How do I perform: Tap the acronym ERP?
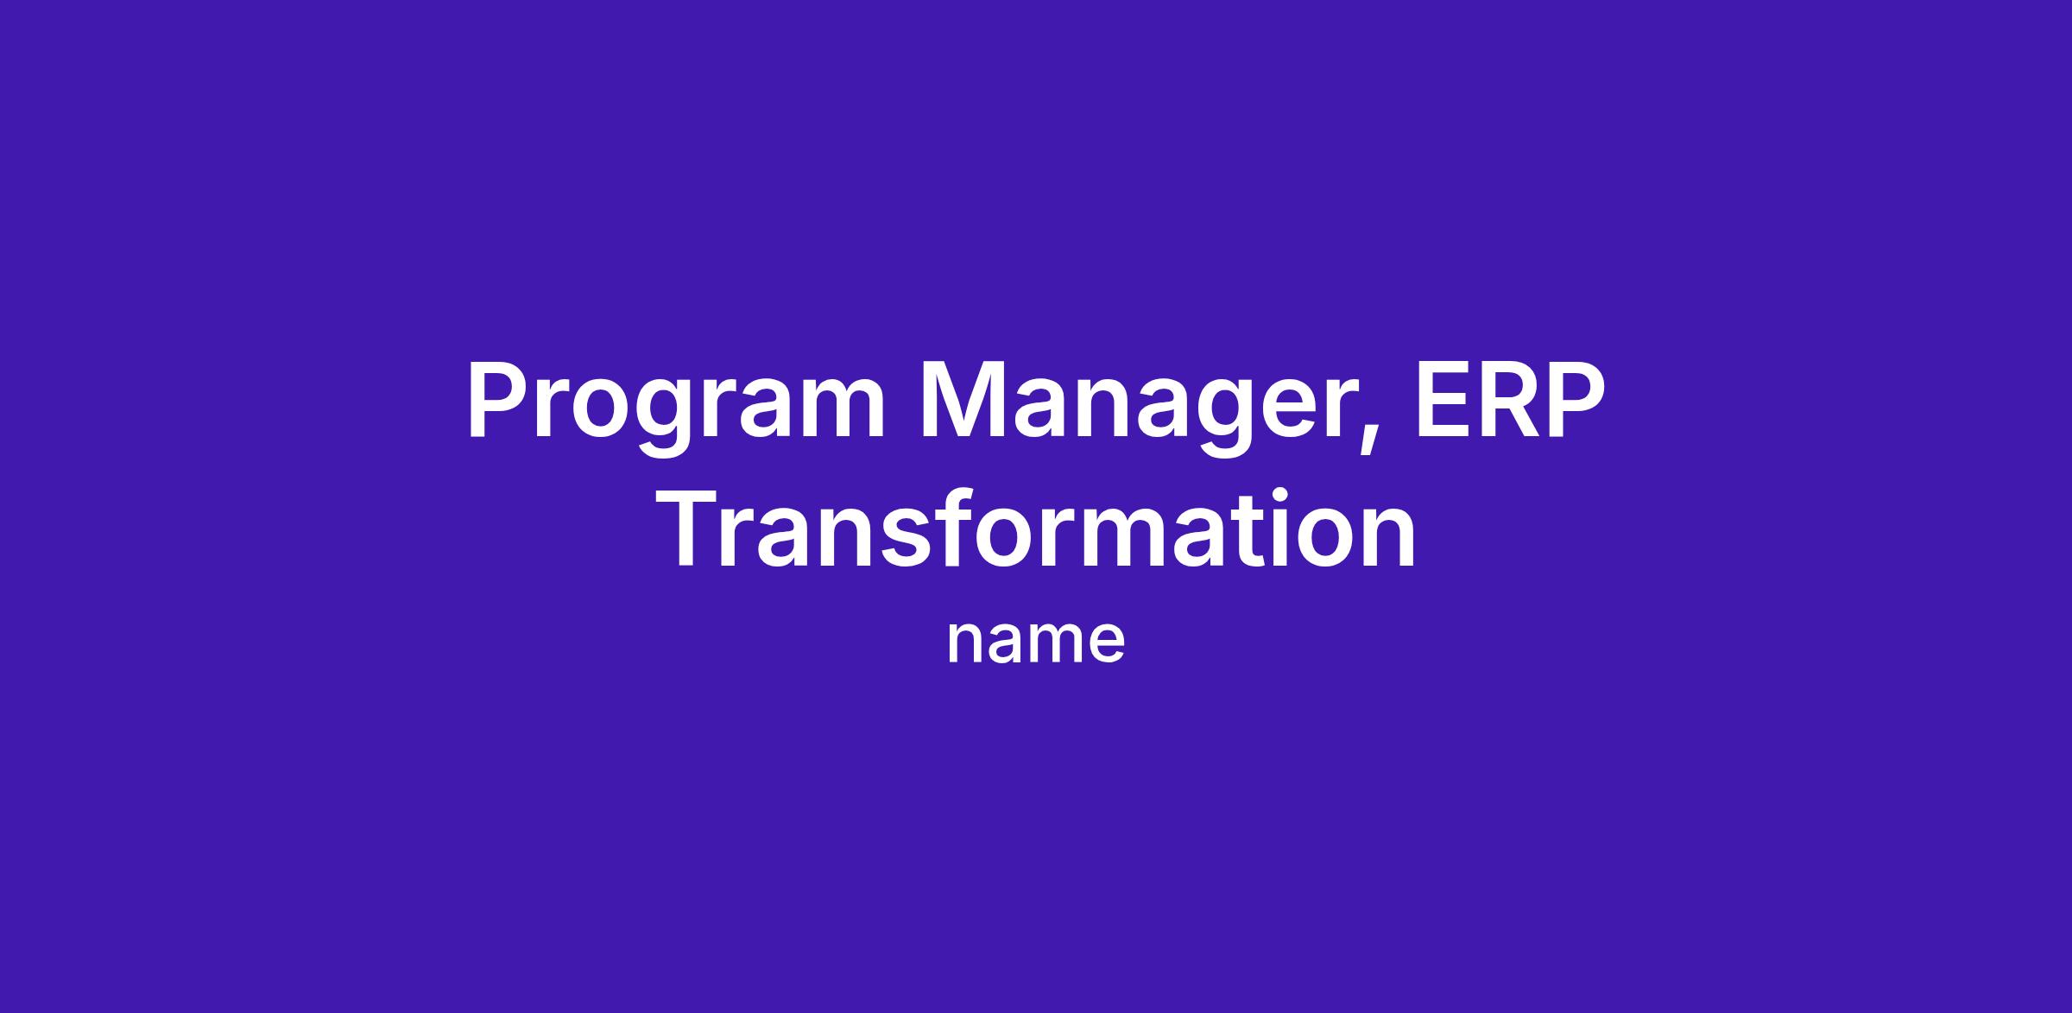pyautogui.click(x=1510, y=400)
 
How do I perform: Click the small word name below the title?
pyautogui.click(x=1036, y=642)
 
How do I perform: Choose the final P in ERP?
pyautogui.click(x=1577, y=400)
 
